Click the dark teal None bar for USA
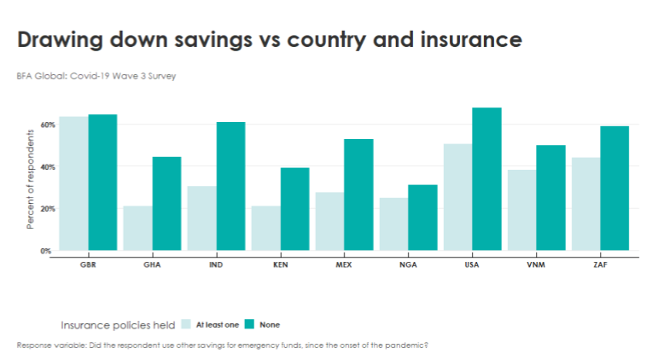click(486, 179)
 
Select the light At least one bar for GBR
click(73, 183)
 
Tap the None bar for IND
click(230, 186)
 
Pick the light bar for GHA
click(137, 229)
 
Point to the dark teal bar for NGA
click(422, 218)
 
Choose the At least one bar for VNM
click(521, 210)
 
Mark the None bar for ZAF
click(614, 189)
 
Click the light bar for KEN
click(266, 229)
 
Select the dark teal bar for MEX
click(358, 195)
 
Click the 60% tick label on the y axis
click(48, 125)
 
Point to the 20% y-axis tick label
click(48, 209)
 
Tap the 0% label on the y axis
click(45, 251)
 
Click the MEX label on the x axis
click(344, 264)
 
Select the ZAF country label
click(600, 264)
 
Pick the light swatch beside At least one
click(186, 324)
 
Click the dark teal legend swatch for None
click(249, 324)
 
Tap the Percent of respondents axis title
click(30, 179)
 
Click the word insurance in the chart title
click(471, 39)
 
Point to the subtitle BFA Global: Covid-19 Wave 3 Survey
click(96, 76)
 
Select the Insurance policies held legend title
click(118, 325)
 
